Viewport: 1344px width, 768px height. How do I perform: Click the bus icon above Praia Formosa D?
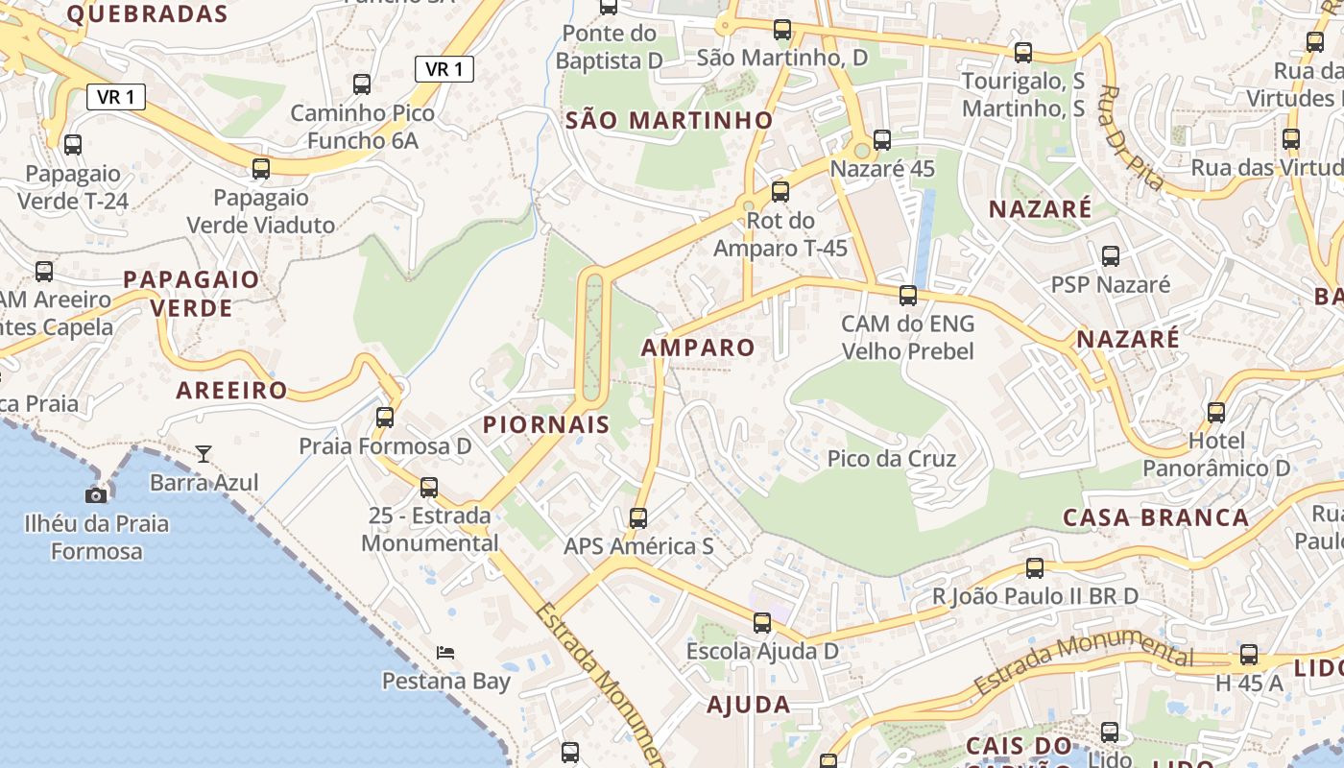point(385,418)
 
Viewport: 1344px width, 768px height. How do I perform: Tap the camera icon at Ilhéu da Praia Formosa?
point(96,495)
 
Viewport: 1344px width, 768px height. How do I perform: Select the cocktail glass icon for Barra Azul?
point(204,453)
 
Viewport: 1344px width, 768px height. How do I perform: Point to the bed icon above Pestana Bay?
point(445,653)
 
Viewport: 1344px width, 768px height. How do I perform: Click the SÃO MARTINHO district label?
point(669,120)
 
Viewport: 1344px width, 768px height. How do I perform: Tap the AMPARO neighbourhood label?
point(698,348)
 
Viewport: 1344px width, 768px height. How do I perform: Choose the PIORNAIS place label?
point(546,424)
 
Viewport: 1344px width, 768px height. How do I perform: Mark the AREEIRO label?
point(231,390)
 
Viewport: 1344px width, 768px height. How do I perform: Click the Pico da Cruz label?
point(892,459)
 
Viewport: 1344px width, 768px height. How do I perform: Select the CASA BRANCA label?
point(1156,517)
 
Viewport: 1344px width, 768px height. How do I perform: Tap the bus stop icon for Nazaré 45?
point(882,140)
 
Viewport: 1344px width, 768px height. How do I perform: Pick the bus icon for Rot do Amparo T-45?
point(780,192)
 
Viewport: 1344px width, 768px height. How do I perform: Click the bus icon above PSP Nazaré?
point(1111,256)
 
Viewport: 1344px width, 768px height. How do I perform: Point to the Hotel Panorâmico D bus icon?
point(1216,413)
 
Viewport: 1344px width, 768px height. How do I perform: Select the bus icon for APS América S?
point(638,518)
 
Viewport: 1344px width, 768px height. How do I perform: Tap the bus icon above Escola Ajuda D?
point(762,623)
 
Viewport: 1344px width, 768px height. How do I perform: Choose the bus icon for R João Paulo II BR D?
point(1035,568)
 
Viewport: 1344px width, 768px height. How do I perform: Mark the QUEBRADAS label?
point(148,13)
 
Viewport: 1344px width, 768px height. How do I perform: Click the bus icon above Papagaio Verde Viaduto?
point(261,169)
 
